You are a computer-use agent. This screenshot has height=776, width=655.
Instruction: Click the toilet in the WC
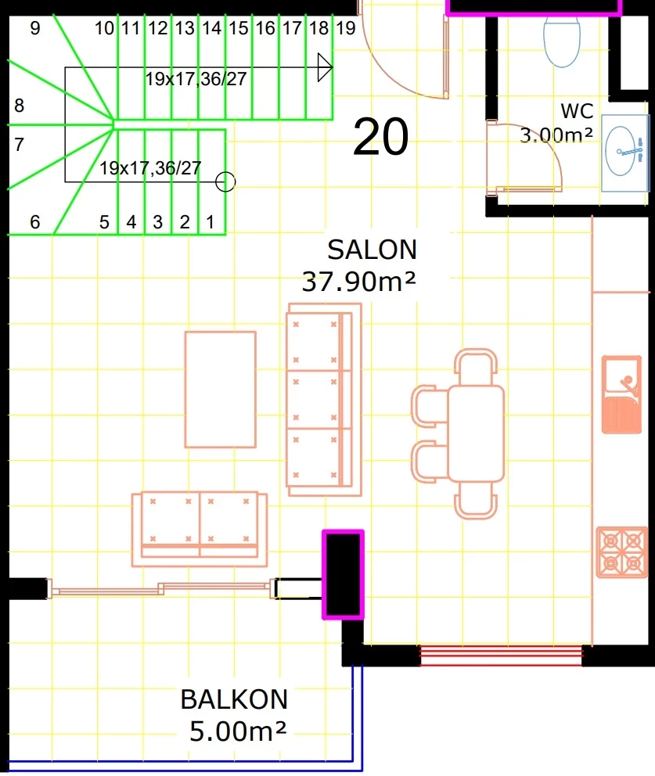[x=561, y=41]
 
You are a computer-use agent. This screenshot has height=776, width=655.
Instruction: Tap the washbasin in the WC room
[x=624, y=153]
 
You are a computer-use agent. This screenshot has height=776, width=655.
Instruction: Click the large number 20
[x=381, y=137]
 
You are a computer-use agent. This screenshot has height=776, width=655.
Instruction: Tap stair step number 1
[x=211, y=222]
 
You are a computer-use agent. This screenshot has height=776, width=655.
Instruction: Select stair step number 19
[x=346, y=28]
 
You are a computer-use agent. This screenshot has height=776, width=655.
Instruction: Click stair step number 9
[x=34, y=28]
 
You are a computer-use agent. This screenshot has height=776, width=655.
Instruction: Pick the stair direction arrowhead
[x=324, y=66]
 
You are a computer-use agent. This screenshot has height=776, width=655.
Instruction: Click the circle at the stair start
[x=225, y=181]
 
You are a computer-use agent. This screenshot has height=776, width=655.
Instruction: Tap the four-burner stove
[x=622, y=552]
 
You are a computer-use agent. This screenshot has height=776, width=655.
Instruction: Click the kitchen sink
[x=622, y=394]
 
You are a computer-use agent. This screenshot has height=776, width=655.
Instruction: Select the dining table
[x=476, y=434]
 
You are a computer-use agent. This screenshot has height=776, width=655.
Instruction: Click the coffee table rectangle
[x=221, y=390]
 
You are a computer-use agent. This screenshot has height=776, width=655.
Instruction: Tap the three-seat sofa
[x=324, y=400]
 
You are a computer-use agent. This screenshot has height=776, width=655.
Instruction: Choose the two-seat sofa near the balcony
[x=200, y=529]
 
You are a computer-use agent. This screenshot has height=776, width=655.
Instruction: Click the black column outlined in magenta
[x=343, y=575]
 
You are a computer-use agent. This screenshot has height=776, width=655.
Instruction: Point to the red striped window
[x=501, y=656]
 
